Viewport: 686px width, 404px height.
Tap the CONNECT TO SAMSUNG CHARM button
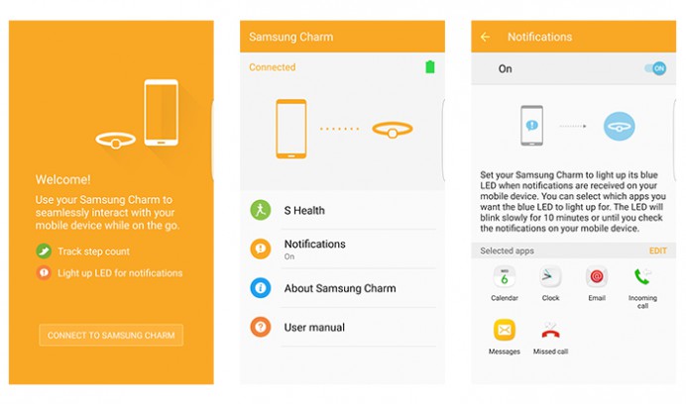111,336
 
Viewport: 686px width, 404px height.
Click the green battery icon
430,67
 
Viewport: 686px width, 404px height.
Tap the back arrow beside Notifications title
485,38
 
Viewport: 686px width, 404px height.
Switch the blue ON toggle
655,68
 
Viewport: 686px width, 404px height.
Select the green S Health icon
261,210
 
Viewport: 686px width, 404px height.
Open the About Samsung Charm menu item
340,288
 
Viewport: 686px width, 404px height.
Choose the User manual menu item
314,328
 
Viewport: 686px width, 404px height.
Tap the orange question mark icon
261,327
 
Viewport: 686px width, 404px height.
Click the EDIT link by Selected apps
658,251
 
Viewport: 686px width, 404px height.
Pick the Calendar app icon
505,277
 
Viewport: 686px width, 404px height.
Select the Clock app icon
550,277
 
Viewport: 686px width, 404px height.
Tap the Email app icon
597,277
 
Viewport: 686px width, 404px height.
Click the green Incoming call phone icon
642,276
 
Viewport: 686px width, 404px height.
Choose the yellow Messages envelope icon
505,330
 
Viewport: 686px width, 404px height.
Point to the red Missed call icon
550,331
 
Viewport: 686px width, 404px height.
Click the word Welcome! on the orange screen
63,179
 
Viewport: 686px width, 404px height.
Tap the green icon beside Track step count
44,252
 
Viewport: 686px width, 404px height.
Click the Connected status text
273,67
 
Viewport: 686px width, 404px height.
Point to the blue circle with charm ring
619,127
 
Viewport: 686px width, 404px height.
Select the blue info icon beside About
261,288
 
